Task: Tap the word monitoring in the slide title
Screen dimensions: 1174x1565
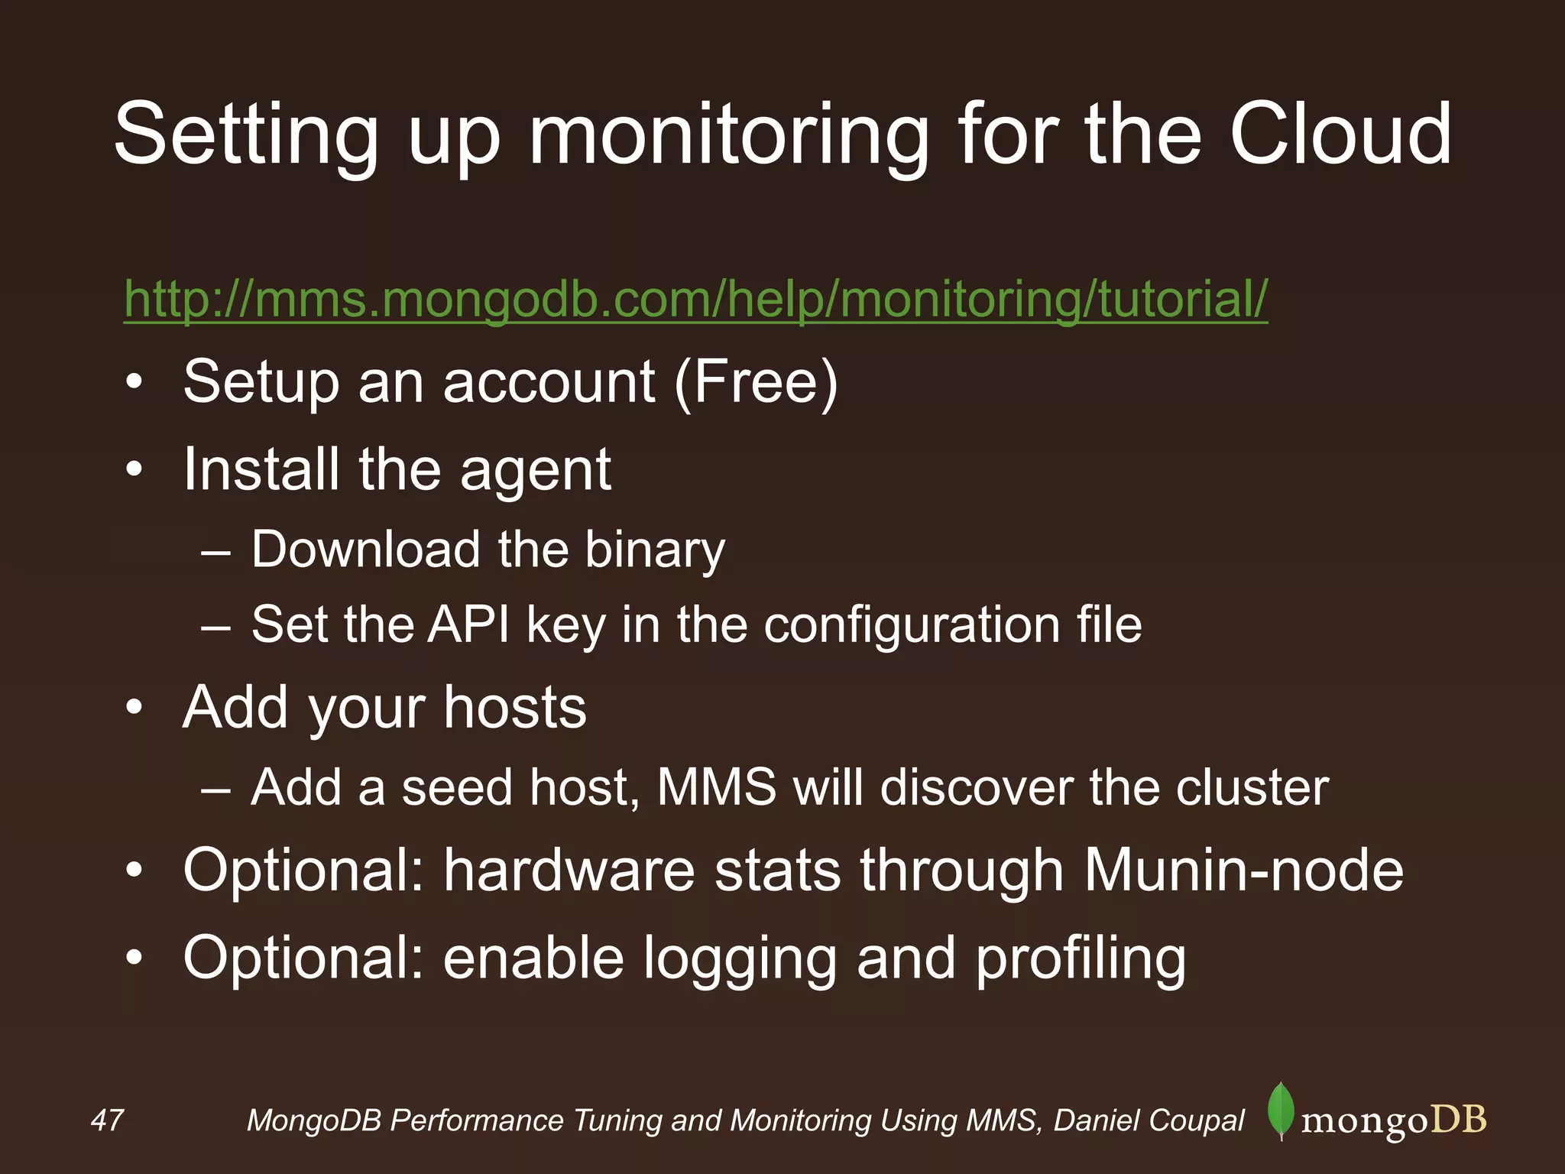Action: pos(730,138)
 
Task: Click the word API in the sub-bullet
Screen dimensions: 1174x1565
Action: pos(468,624)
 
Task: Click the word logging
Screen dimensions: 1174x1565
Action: pos(740,960)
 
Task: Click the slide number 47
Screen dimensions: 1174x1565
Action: pos(107,1120)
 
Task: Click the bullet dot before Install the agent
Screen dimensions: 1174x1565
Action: pos(134,469)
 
